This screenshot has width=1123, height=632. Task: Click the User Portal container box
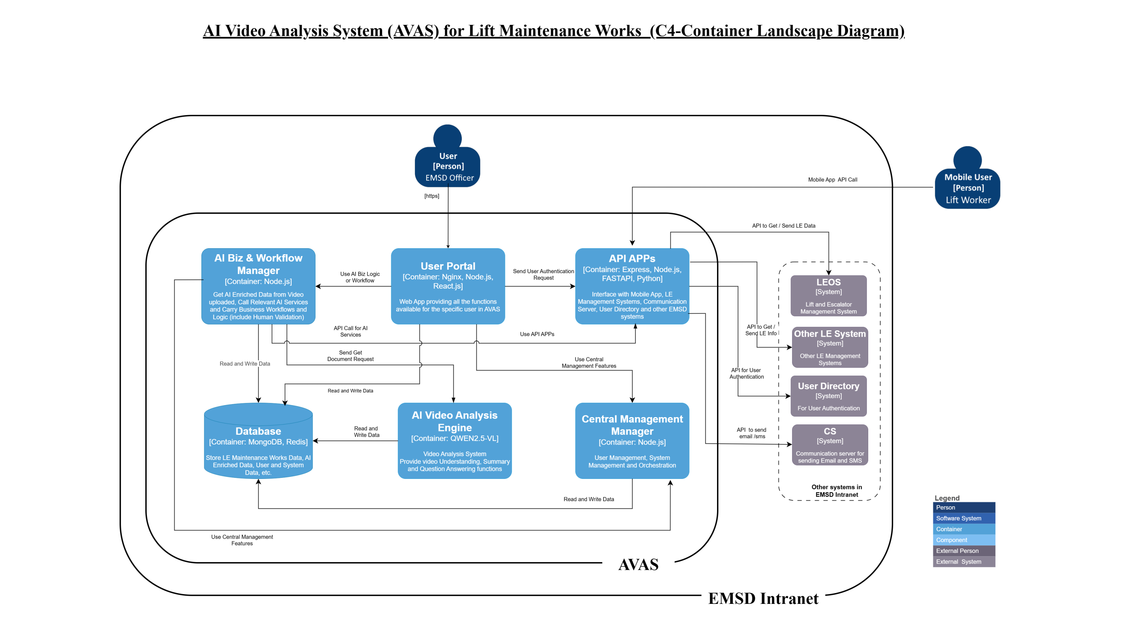pos(448,286)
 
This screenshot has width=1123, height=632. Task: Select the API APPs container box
pos(632,286)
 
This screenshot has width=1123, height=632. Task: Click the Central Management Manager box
pos(632,441)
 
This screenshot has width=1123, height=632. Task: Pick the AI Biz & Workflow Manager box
pos(258,286)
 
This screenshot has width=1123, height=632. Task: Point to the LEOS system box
pos(828,296)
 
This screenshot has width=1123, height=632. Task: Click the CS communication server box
pos(830,445)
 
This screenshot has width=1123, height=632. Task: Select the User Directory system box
pos(828,396)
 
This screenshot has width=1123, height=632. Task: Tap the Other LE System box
pos(830,347)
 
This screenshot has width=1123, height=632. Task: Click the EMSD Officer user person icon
pos(448,157)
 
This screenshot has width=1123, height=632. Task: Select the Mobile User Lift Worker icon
pos(968,179)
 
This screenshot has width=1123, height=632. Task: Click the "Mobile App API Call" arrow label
pos(832,180)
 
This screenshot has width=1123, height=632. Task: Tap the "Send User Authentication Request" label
pos(543,274)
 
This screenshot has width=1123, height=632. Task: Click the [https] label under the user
pos(432,196)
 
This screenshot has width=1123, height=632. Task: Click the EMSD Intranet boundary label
pos(763,598)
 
